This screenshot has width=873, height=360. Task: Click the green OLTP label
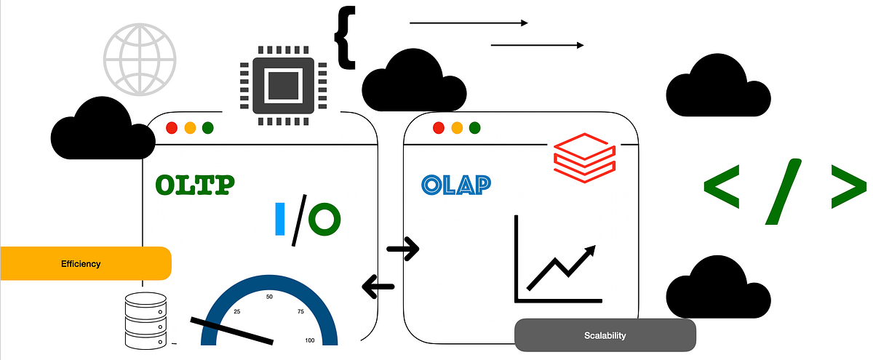[x=195, y=184]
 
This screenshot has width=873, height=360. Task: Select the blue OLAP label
[x=455, y=184]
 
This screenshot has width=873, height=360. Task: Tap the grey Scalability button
[x=605, y=335]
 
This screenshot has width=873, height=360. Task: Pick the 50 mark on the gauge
[x=270, y=297]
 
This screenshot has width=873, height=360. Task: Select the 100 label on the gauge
[x=311, y=340]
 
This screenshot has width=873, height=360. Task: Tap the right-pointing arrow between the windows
[x=404, y=249]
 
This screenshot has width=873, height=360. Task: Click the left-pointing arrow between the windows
[x=378, y=286]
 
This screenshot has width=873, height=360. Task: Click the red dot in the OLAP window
[x=439, y=128]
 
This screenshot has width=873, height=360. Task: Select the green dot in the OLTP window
[x=208, y=128]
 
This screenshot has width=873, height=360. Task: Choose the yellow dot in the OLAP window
[x=457, y=128]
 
